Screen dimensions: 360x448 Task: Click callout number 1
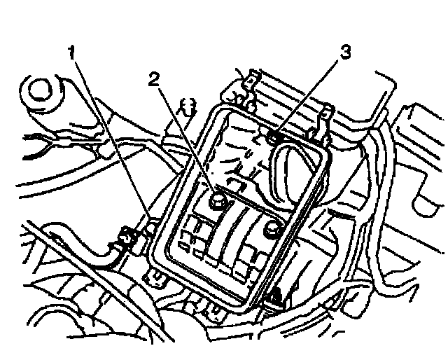[71, 53]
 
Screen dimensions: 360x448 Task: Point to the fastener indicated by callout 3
[274, 139]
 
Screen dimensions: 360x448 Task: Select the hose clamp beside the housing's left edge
[127, 240]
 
